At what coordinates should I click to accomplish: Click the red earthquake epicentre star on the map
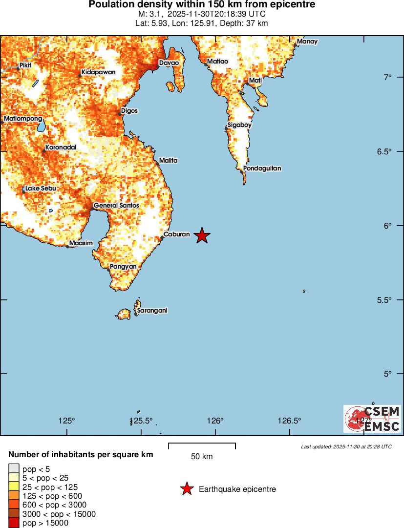202,235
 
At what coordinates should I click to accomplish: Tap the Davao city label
169,63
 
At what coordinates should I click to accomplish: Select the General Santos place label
116,206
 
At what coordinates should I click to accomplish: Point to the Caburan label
176,234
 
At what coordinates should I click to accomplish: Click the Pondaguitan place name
262,169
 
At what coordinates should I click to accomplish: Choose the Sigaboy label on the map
239,125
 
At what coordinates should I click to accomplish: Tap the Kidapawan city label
99,72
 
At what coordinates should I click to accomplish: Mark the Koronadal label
61,148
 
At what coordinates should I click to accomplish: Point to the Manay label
307,42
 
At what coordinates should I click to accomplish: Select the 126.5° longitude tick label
289,421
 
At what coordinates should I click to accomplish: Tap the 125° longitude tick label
66,421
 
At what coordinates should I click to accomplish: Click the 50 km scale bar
202,445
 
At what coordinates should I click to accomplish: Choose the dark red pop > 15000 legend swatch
14,523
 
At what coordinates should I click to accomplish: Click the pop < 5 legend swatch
14,469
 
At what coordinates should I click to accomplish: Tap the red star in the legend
186,489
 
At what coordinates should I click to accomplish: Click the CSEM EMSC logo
372,419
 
